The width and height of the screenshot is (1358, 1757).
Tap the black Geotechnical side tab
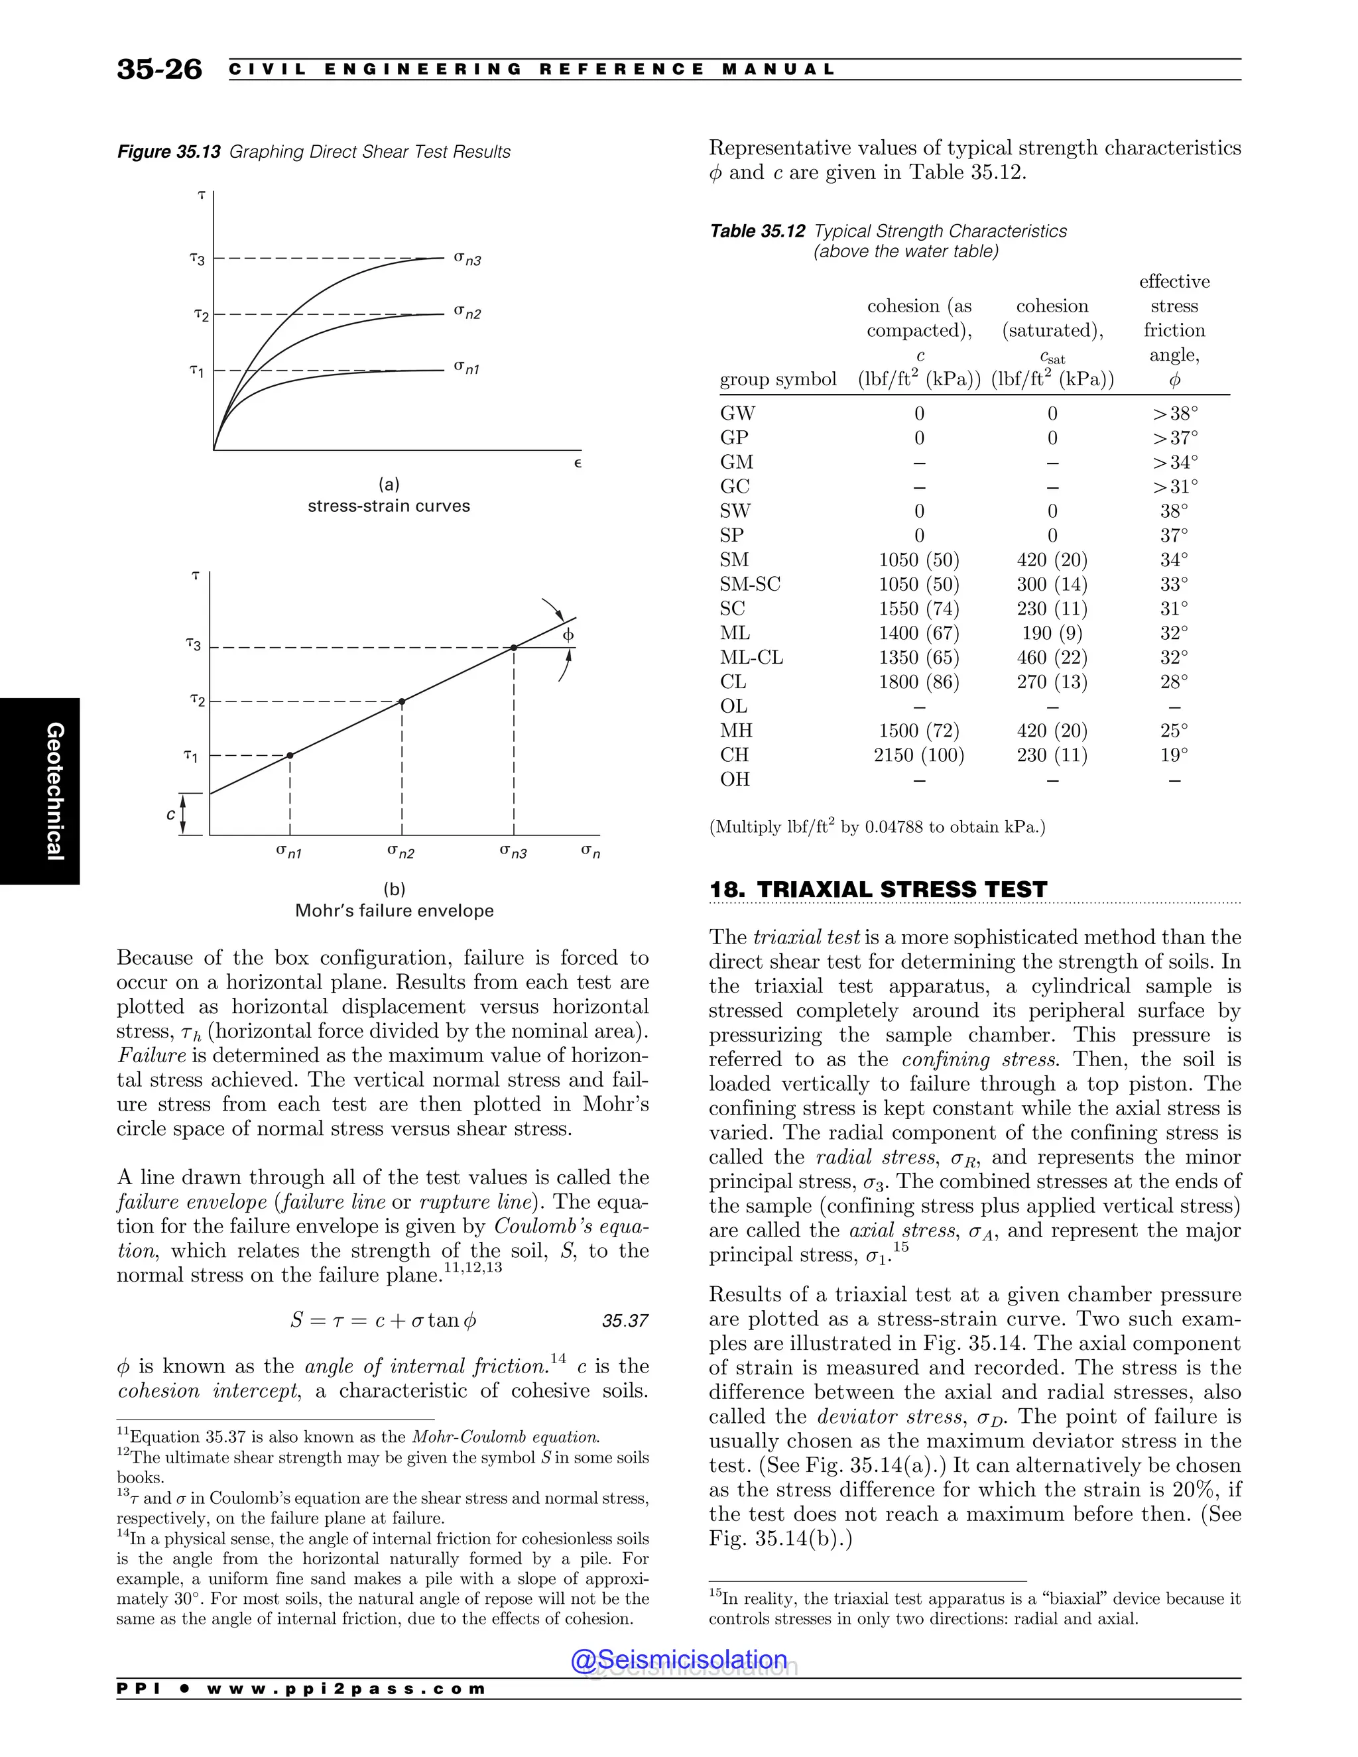[x=40, y=791]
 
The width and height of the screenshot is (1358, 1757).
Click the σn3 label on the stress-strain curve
[x=467, y=258]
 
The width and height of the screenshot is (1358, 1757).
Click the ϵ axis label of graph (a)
[x=578, y=463]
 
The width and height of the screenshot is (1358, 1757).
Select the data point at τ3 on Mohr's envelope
[x=513, y=647]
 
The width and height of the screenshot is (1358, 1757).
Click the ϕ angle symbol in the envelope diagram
[x=568, y=635]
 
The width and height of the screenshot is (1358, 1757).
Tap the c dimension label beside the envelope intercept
[x=170, y=814]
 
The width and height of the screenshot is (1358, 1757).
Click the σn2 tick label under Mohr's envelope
[x=401, y=851]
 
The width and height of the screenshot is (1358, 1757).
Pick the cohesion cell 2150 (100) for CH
[x=919, y=755]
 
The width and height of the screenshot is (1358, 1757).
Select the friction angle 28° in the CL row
[x=1174, y=682]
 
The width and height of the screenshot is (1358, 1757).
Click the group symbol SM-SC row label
[x=750, y=584]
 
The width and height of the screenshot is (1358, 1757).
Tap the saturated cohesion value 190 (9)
[x=1052, y=633]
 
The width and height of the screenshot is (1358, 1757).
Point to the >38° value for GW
[x=1174, y=414]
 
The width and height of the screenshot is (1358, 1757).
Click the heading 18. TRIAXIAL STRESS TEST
[x=878, y=889]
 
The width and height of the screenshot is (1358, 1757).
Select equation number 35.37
[x=624, y=1320]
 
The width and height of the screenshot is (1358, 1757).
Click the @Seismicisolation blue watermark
[x=678, y=1659]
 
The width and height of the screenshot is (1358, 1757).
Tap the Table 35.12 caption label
[x=757, y=231]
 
